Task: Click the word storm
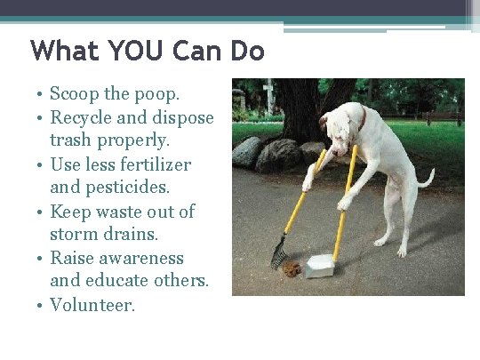(74, 235)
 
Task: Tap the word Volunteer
(92, 305)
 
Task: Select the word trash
(71, 140)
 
